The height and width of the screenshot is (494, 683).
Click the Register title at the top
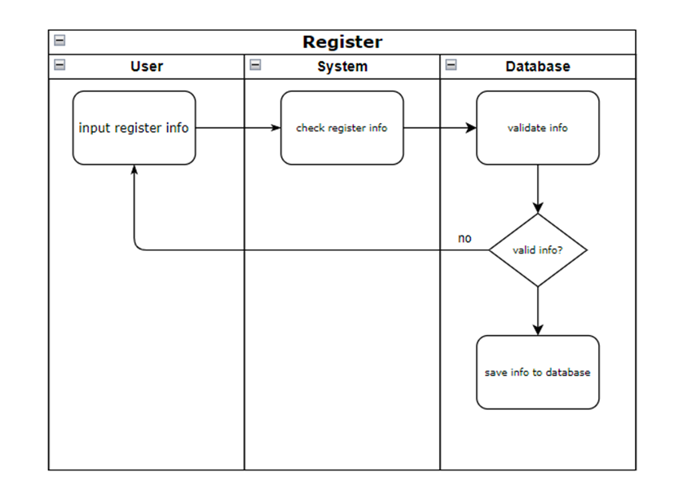342,42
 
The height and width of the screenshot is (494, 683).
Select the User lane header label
147,67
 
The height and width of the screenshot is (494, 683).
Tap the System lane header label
342,67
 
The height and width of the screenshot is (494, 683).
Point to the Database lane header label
538,67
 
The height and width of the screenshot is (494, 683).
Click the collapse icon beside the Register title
59,40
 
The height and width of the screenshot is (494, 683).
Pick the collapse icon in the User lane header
59,64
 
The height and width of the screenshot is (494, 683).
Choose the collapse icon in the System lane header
255,64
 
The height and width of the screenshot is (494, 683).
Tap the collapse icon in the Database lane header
451,64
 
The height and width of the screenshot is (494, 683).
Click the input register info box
134,128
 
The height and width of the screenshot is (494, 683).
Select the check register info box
342,128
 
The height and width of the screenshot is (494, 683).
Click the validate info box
538,128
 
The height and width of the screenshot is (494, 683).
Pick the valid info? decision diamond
538,250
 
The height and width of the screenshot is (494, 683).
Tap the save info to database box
538,373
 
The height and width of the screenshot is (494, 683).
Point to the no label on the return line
465,239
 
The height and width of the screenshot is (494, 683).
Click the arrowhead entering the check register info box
275,128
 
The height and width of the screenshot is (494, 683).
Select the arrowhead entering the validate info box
471,128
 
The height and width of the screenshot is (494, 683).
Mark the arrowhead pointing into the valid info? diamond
538,208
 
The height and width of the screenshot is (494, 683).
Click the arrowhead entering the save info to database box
538,329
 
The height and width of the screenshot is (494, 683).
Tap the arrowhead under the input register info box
134,170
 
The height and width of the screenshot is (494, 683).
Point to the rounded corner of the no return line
137,248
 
